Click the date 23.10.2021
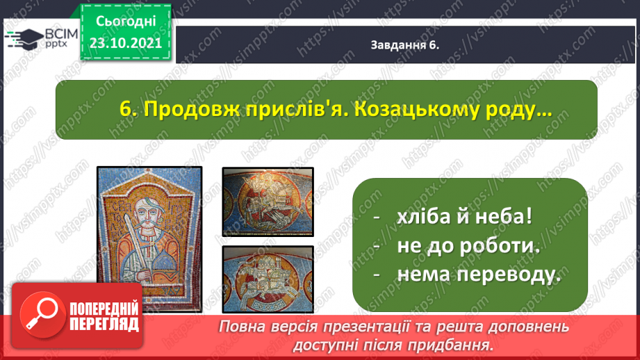[x=126, y=43]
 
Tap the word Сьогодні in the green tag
[x=126, y=22]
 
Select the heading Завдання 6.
[x=405, y=45]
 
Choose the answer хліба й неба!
[x=464, y=216]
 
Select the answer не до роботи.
[x=468, y=246]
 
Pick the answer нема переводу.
[x=479, y=275]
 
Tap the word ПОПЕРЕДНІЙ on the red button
[x=104, y=309]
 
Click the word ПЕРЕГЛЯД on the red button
[x=104, y=325]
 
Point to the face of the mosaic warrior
[x=146, y=212]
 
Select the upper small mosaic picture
[x=268, y=202]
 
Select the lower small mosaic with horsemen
[x=268, y=279]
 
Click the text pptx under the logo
[x=56, y=44]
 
